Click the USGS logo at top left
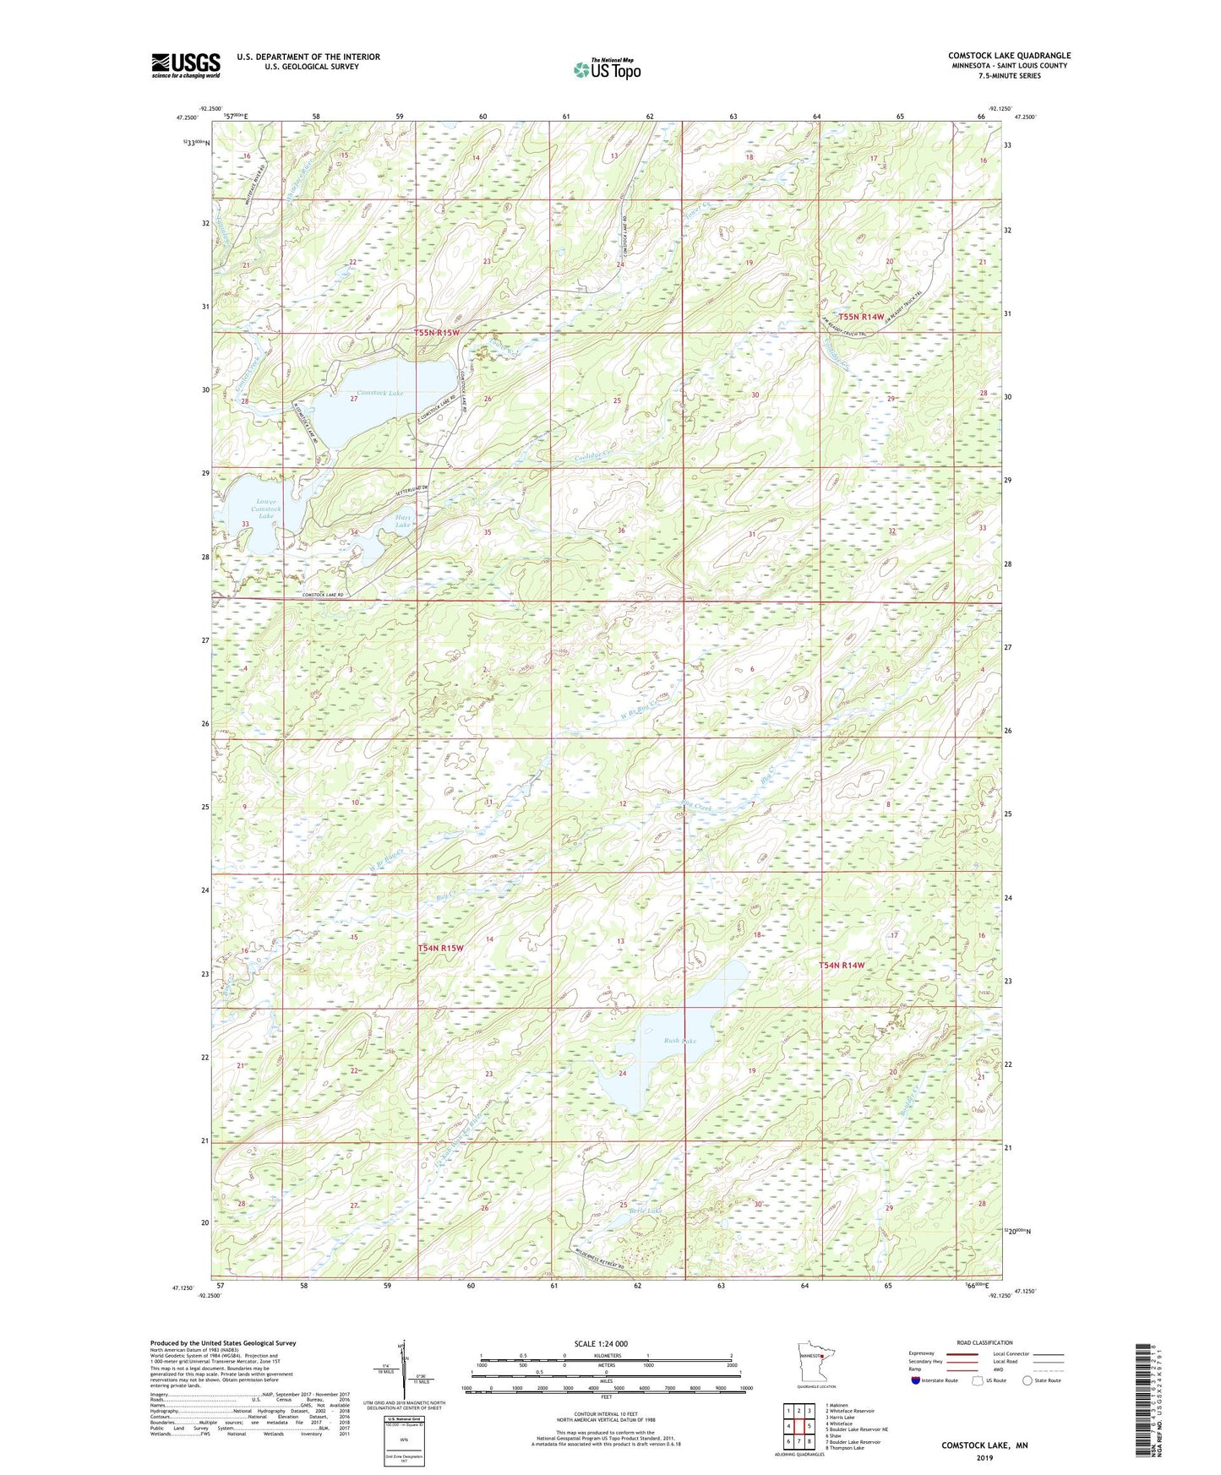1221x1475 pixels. point(186,65)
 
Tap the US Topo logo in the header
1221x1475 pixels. point(608,69)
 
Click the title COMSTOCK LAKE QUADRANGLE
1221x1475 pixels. point(1009,56)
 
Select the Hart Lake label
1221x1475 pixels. point(403,521)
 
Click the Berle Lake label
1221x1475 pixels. point(646,1211)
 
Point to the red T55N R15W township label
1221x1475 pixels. point(438,333)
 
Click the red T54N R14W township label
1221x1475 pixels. point(842,965)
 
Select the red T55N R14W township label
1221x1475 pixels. point(861,317)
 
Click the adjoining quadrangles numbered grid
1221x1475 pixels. point(799,1426)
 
